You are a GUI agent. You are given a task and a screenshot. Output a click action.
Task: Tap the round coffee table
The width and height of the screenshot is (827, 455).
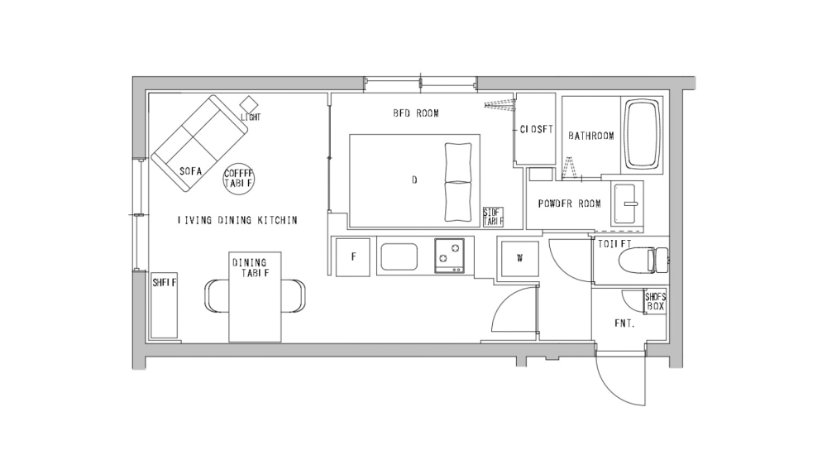click(240, 177)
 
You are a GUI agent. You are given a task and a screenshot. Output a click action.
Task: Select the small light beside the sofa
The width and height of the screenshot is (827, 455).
click(249, 104)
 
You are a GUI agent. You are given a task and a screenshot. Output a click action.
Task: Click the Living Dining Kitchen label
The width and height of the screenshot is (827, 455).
click(237, 221)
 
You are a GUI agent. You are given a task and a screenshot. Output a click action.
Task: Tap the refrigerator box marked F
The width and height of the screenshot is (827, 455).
click(353, 256)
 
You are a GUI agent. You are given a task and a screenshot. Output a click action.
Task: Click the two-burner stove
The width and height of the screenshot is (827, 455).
click(450, 256)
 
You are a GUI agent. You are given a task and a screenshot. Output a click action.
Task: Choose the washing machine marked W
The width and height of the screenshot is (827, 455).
click(519, 257)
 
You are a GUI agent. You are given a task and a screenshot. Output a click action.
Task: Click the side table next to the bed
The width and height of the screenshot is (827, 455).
click(493, 217)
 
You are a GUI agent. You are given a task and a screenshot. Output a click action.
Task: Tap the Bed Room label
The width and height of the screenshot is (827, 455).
click(415, 113)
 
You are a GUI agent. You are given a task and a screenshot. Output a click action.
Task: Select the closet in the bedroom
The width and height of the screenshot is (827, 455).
click(535, 129)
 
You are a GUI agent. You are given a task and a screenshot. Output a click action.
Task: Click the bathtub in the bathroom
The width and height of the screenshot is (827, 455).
click(643, 135)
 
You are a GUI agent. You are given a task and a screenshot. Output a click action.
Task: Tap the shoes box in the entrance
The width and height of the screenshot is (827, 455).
click(655, 301)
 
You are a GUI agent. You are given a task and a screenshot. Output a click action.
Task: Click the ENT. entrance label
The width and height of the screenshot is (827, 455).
click(624, 323)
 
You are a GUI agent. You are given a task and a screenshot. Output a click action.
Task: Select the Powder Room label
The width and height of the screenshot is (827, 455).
click(569, 204)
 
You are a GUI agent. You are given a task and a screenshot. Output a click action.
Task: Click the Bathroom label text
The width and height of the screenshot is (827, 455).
click(590, 136)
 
